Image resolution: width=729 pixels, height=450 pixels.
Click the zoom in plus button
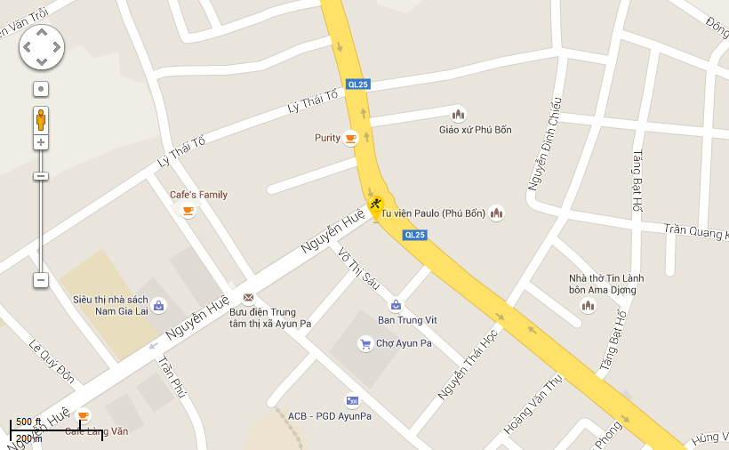(41, 142)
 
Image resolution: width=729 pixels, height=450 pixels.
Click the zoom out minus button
(41, 280)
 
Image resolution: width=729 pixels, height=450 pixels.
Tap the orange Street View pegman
(41, 119)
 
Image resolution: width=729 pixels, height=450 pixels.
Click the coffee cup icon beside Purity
(351, 138)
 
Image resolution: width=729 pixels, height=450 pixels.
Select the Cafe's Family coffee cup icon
(188, 210)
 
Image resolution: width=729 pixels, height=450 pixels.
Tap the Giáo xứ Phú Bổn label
(476, 130)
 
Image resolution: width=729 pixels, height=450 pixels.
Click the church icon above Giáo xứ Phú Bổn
(458, 114)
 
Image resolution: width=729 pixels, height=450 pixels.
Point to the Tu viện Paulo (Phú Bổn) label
(433, 213)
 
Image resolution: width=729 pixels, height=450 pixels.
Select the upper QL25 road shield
(358, 84)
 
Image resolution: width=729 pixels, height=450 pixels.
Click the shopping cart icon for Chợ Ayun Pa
(364, 343)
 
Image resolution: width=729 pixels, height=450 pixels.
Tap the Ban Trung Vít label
(407, 320)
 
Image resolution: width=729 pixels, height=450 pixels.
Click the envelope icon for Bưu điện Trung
(248, 299)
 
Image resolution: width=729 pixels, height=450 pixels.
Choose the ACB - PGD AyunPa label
(329, 416)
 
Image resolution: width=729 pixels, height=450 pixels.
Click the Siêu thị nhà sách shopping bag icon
(158, 305)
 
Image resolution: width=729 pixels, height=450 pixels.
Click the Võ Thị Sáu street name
(359, 269)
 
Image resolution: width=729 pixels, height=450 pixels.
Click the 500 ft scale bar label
(29, 422)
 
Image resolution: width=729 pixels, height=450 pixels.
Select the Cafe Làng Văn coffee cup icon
(84, 415)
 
